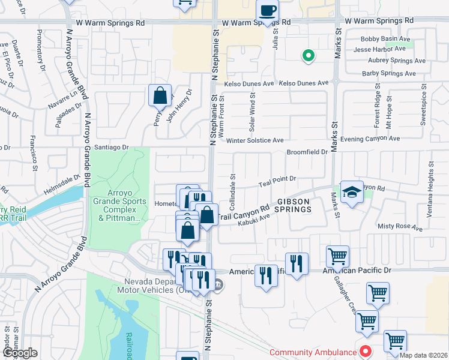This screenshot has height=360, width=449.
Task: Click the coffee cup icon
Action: (x=268, y=10)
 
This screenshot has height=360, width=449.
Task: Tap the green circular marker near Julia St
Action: (x=309, y=56)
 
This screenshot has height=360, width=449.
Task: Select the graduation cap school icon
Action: (x=352, y=192)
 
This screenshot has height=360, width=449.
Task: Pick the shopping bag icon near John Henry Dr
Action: (x=160, y=95)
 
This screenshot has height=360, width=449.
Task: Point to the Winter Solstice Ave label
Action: (x=255, y=140)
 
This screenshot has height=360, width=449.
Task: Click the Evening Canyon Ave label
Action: (x=370, y=139)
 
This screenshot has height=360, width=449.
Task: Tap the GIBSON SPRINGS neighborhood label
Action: (x=294, y=206)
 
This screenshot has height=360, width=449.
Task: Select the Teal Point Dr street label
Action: (x=277, y=179)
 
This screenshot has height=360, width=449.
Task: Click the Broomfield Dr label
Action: (x=307, y=152)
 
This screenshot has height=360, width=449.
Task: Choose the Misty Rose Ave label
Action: (x=400, y=227)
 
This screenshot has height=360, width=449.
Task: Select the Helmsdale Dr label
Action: (x=59, y=179)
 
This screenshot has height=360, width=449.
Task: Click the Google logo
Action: (x=19, y=353)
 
